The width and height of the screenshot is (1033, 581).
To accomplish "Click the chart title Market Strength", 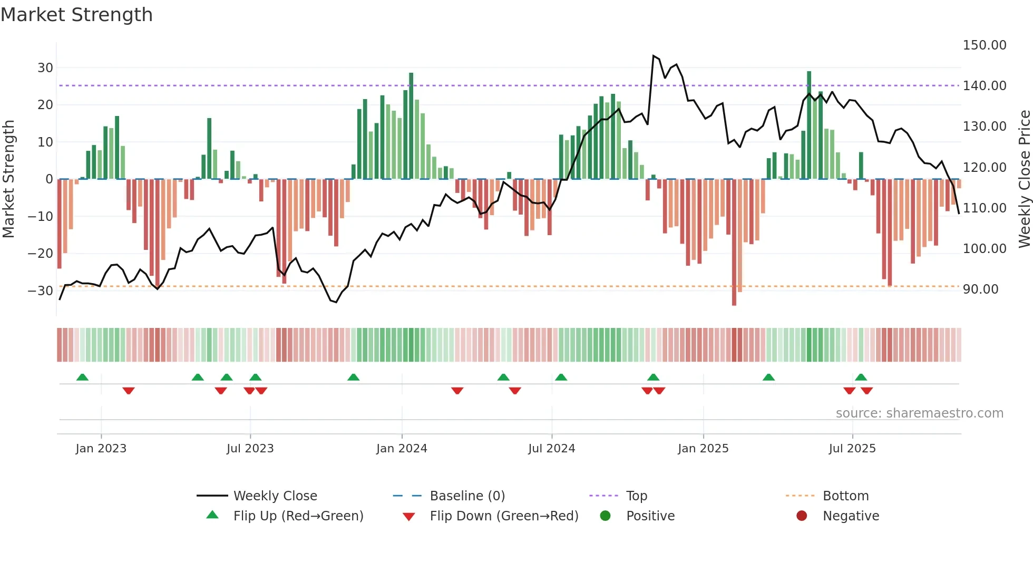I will (x=76, y=15).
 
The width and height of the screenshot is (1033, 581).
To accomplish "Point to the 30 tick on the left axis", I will (x=45, y=67).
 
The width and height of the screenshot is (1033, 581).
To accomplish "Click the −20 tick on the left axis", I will (x=41, y=253).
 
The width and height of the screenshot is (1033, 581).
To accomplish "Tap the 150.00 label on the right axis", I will (x=985, y=45).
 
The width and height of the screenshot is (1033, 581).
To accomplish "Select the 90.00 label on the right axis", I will (x=980, y=289).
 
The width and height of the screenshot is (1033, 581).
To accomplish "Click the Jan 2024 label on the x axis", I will (x=402, y=449).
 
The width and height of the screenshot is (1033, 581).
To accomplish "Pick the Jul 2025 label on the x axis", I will (x=852, y=449).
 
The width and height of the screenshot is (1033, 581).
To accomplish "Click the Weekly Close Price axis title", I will (x=1024, y=179).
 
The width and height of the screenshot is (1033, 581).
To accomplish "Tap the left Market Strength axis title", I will (x=8, y=179).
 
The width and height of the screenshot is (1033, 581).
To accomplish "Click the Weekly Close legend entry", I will (x=275, y=496).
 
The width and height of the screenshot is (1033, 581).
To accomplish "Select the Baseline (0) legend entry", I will (x=467, y=496).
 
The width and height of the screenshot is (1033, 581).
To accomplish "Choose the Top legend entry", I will (x=636, y=496).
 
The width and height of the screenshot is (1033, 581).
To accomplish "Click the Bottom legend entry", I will (x=845, y=496).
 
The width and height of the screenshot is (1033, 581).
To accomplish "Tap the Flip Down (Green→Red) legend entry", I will (x=504, y=516).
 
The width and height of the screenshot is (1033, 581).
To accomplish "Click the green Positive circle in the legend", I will (x=605, y=516).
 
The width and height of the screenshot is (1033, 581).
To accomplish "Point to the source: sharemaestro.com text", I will (x=919, y=413).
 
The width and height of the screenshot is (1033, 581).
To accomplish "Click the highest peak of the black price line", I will (x=654, y=55).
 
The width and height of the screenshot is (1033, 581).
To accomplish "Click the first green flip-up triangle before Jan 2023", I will (x=82, y=377).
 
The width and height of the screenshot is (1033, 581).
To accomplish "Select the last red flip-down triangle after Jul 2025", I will (x=866, y=391).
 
